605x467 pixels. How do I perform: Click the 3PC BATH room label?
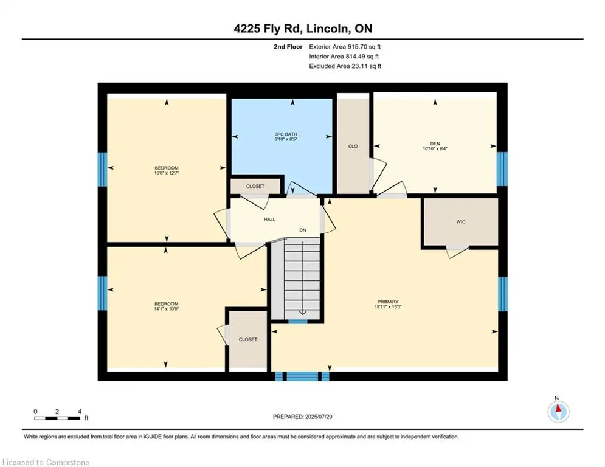(286, 134)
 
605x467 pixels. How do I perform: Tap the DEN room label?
(435, 144)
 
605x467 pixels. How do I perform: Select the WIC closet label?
(461, 222)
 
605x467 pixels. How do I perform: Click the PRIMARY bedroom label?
(388, 302)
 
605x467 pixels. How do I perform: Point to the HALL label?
(270, 220)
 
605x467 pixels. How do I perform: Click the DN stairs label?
(303, 230)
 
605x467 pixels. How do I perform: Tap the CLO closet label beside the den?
(353, 147)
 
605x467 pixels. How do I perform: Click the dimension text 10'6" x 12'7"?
(166, 173)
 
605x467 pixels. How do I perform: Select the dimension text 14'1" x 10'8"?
(166, 309)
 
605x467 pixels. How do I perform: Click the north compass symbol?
(558, 412)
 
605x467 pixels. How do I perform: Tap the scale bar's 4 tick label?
(80, 412)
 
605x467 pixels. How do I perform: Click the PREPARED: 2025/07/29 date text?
(303, 417)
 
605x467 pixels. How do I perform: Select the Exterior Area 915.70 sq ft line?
(345, 47)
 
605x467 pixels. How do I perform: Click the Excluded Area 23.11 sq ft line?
(345, 66)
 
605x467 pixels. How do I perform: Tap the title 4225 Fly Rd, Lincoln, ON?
(303, 29)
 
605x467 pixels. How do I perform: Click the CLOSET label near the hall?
(255, 187)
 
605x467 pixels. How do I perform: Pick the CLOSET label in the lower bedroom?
(247, 340)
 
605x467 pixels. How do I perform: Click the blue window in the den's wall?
(502, 169)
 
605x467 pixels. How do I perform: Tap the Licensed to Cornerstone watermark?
(46, 462)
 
